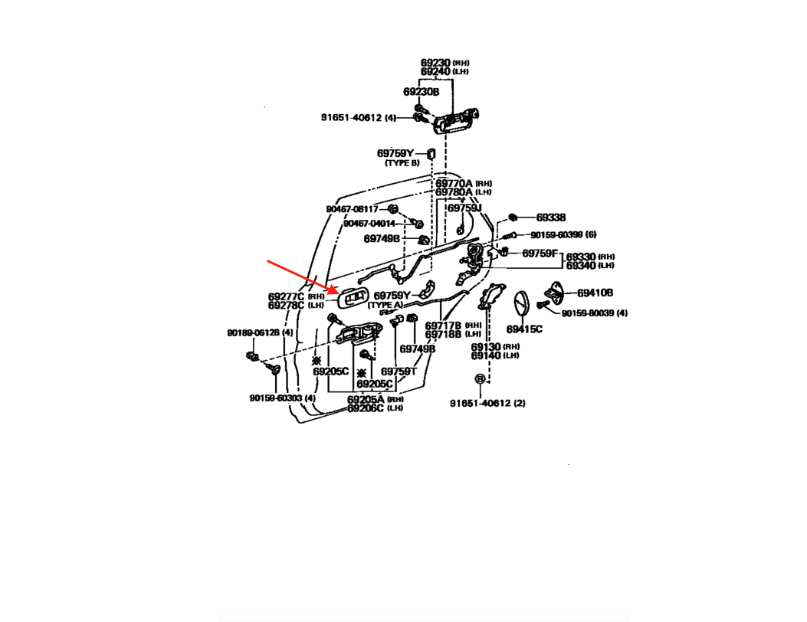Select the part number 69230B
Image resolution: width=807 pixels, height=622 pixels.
(421, 92)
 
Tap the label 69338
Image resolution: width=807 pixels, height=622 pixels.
(550, 218)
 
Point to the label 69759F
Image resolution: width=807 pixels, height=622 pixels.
(540, 253)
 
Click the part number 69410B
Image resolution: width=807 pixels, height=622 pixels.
(595, 293)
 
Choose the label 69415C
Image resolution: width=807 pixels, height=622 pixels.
(524, 329)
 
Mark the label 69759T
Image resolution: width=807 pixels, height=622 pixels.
(399, 372)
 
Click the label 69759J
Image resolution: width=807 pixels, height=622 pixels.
(464, 208)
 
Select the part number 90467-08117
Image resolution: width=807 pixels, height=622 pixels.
(352, 209)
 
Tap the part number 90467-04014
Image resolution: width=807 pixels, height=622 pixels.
(369, 224)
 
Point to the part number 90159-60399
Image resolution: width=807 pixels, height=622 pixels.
(556, 234)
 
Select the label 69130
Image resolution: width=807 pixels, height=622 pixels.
(485, 347)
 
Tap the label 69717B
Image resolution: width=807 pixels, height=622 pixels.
(443, 326)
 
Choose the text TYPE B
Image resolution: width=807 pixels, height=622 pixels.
(402, 163)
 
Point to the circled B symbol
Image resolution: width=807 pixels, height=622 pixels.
(480, 379)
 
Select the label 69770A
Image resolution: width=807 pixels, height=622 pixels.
(454, 184)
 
